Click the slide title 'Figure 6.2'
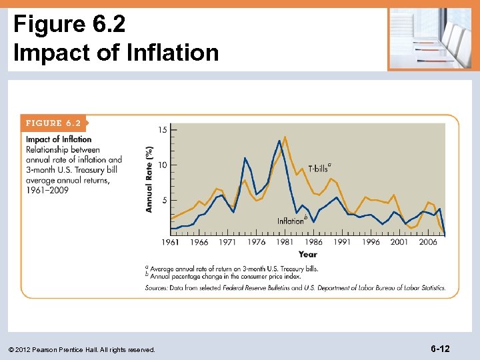click(x=69, y=24)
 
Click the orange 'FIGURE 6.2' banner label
click(x=53, y=123)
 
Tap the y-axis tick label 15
click(x=163, y=129)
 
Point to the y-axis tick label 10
click(x=163, y=165)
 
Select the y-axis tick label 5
click(x=165, y=200)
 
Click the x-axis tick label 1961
click(x=170, y=243)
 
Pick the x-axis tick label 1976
click(x=256, y=243)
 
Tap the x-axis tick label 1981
click(x=285, y=243)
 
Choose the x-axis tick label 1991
click(x=342, y=243)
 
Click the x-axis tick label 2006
click(x=428, y=243)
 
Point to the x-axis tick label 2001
click(x=399, y=243)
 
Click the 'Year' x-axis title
click(x=308, y=254)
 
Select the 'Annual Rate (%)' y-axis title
click(x=149, y=179)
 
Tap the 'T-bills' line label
click(x=319, y=169)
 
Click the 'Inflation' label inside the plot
click(x=291, y=221)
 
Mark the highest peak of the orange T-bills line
click(x=285, y=137)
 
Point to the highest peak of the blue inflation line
click(x=279, y=141)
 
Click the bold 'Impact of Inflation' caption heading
click(x=59, y=139)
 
